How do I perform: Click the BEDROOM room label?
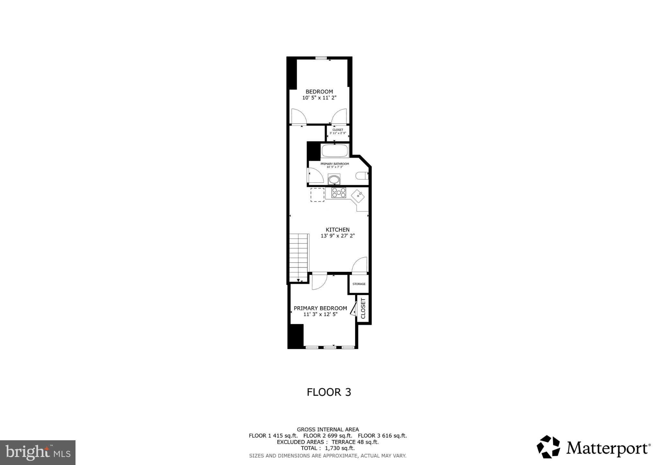tap(319, 92)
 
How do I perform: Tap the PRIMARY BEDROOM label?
tap(320, 308)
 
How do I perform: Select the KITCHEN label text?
tap(337, 230)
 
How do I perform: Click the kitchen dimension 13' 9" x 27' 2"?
tap(337, 236)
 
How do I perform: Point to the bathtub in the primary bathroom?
tap(334, 151)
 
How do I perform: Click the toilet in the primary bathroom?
tap(361, 176)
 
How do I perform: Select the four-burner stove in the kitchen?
tap(339, 193)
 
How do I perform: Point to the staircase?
tap(299, 257)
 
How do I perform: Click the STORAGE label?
tap(359, 284)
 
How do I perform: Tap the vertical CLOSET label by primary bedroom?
tap(363, 309)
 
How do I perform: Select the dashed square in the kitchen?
tap(317, 195)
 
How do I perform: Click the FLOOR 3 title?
tap(329, 392)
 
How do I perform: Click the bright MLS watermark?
tap(38, 453)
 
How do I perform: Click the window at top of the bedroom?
tap(320, 58)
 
